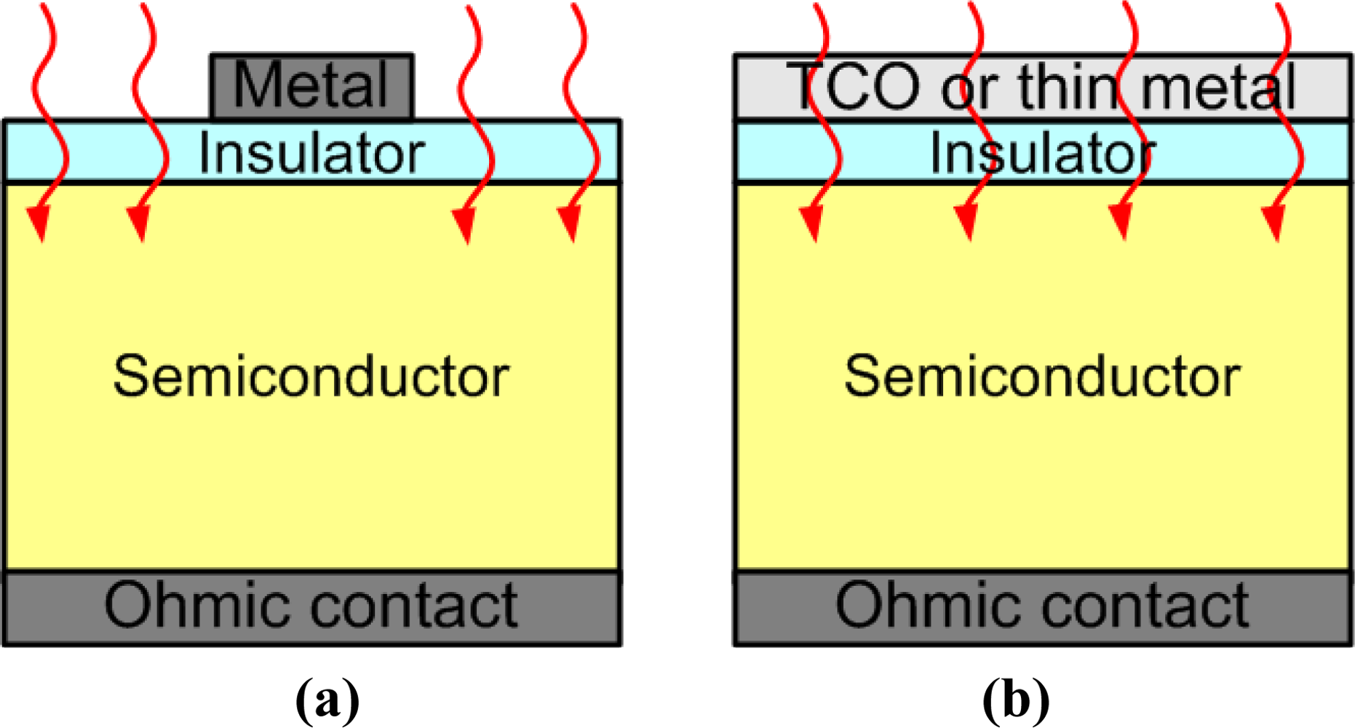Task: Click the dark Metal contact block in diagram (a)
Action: (311, 86)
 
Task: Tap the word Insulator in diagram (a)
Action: (311, 153)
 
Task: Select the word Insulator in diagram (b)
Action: (1042, 153)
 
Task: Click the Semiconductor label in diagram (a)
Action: (311, 376)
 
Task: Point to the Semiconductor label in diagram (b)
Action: (1042, 376)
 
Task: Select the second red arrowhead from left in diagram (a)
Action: (139, 222)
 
